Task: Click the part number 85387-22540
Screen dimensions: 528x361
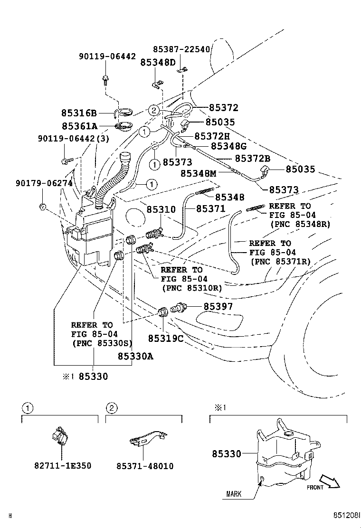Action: (181, 49)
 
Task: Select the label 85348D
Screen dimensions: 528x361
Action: (157, 62)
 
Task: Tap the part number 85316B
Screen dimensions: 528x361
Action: (79, 113)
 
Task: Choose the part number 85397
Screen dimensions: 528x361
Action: (218, 307)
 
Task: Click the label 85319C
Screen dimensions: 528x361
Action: (165, 338)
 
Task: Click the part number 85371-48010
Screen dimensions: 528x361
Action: (145, 466)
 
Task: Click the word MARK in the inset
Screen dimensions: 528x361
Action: (232, 494)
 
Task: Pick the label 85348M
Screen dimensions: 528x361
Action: (199, 174)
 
